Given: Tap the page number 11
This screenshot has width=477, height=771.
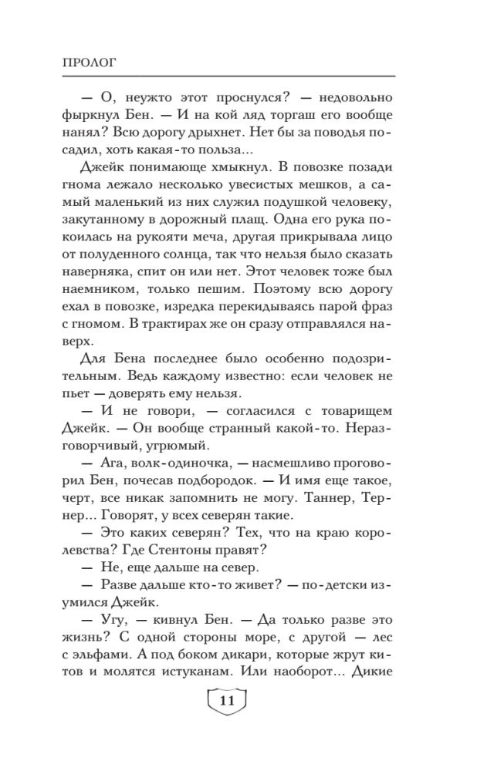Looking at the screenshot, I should click(226, 701).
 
